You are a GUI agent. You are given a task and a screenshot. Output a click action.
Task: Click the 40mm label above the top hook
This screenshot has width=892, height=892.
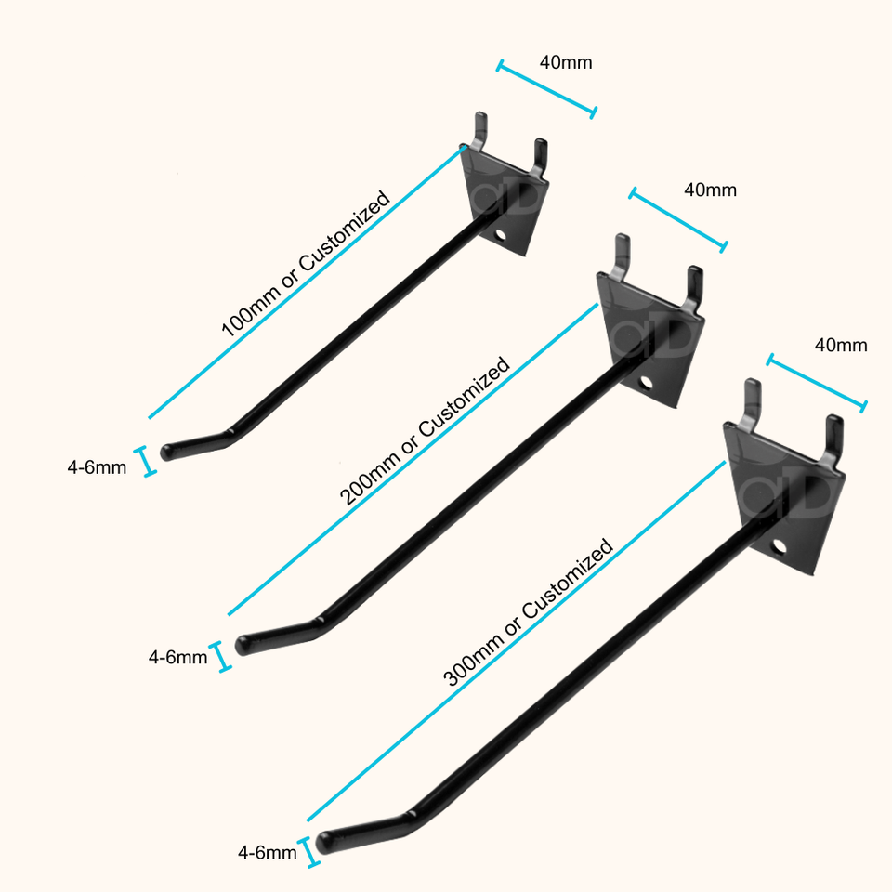point(565,63)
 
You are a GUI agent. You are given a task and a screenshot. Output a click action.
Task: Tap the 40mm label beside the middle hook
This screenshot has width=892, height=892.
point(710,190)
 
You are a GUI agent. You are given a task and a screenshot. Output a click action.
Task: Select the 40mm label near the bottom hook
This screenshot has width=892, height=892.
point(841,346)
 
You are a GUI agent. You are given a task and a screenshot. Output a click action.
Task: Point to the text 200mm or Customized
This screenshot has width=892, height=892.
point(425,431)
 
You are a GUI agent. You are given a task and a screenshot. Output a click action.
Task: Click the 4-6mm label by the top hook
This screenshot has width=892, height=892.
point(97,468)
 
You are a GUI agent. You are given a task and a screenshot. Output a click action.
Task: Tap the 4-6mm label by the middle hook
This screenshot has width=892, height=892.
point(177,658)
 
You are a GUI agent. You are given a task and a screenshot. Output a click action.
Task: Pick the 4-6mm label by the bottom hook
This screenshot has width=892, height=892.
point(268,852)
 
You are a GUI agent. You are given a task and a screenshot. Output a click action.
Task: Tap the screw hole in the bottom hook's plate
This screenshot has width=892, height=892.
point(778,544)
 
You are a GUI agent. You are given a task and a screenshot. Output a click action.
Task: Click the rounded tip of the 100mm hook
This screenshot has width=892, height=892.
point(168,453)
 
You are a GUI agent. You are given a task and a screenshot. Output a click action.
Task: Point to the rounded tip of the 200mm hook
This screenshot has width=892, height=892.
point(246,643)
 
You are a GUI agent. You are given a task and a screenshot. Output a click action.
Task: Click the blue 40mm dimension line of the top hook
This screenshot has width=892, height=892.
point(547,90)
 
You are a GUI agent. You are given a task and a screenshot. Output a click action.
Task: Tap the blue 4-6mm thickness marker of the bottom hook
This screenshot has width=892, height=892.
point(312,853)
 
